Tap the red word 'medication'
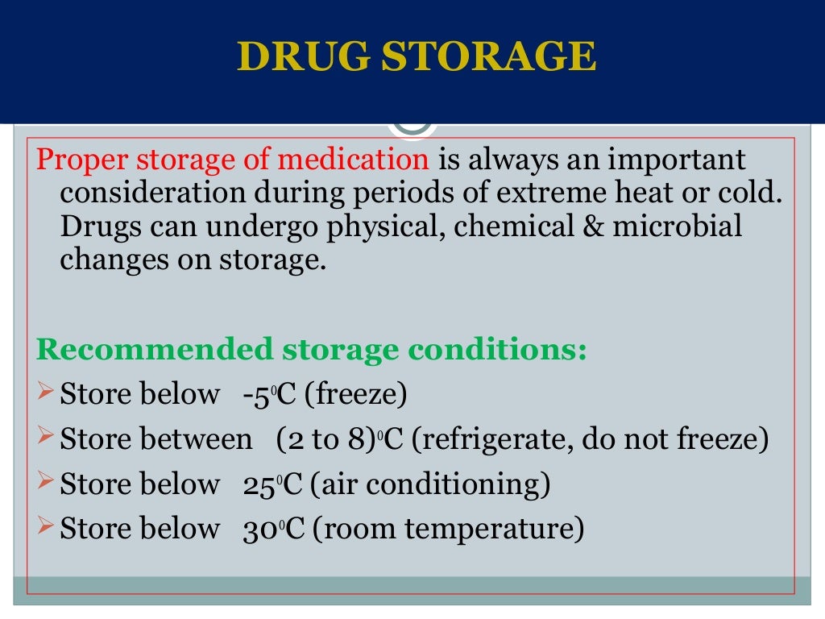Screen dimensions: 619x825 coord(353,160)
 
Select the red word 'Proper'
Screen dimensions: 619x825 coord(84,160)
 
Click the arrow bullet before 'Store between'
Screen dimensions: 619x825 coord(45,438)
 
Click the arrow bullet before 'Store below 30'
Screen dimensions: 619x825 coord(45,528)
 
